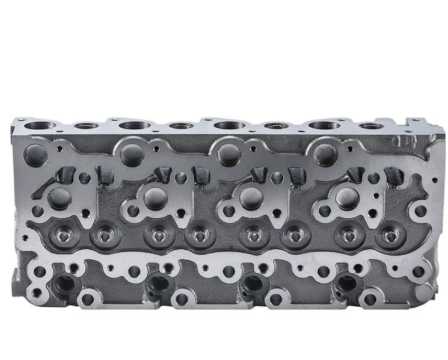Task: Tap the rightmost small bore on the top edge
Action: coord(372,126)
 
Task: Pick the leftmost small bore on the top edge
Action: coord(87,126)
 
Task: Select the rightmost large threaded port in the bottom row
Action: coord(347,283)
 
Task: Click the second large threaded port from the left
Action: coord(158,283)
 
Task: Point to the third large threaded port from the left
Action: coord(253,283)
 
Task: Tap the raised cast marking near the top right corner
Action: coord(399,142)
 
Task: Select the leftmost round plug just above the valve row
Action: coord(60,196)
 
